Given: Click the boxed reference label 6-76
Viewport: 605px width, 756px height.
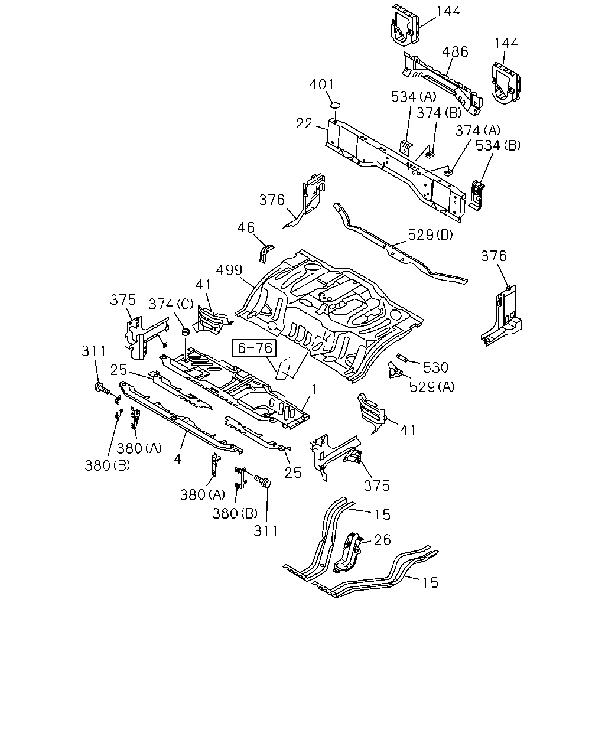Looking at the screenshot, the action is click(255, 348).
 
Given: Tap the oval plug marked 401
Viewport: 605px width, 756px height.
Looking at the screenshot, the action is click(336, 105).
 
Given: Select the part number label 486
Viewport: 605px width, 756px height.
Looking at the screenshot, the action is click(455, 51).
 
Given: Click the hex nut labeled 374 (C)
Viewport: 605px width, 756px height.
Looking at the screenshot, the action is click(186, 331).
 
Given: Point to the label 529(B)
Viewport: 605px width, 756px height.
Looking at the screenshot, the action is click(431, 234).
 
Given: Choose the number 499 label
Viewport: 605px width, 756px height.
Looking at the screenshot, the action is click(229, 270).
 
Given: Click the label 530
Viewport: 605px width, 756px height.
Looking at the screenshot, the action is click(436, 367).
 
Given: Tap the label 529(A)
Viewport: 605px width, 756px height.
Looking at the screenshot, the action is click(432, 387).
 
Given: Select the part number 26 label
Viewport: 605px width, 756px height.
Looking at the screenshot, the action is click(382, 539).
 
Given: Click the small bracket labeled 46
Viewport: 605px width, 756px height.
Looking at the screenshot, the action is click(265, 253).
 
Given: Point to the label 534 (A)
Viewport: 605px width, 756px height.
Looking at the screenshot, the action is click(414, 96).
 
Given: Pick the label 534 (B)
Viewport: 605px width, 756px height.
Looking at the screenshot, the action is click(498, 145).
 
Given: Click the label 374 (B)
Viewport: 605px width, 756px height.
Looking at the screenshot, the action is click(439, 113).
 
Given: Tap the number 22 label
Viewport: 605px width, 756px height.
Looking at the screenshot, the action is click(304, 123).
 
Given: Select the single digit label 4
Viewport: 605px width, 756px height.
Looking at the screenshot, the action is click(178, 459).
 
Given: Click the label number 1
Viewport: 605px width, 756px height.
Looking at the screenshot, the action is click(315, 389).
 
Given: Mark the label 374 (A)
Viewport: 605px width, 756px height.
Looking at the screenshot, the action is click(478, 131).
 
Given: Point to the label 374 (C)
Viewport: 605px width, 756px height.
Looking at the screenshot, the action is click(171, 304).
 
